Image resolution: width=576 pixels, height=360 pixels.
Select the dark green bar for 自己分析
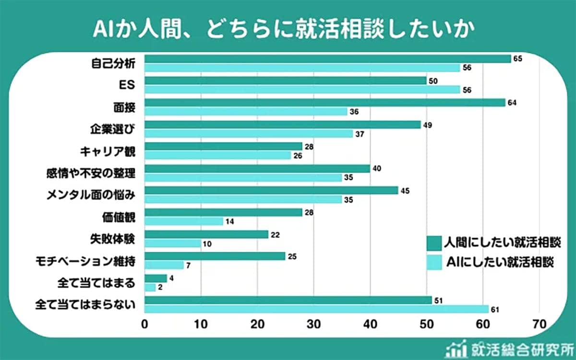[327, 59]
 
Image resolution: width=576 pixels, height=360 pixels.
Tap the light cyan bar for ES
[302, 89]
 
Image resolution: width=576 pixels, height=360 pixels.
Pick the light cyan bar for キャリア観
[217, 155]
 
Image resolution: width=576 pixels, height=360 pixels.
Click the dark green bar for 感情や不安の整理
[257, 168]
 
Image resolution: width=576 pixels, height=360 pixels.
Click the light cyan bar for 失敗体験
[172, 243]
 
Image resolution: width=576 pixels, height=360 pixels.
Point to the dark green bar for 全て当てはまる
[156, 278]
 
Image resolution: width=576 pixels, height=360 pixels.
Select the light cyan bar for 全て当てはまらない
[316, 309]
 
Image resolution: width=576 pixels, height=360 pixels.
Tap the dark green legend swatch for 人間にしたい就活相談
[434, 242]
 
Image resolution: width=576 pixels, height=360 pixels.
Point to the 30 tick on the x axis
[313, 324]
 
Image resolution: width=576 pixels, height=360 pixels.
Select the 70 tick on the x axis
[539, 324]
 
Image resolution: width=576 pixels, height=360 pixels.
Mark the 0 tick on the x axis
[144, 324]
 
